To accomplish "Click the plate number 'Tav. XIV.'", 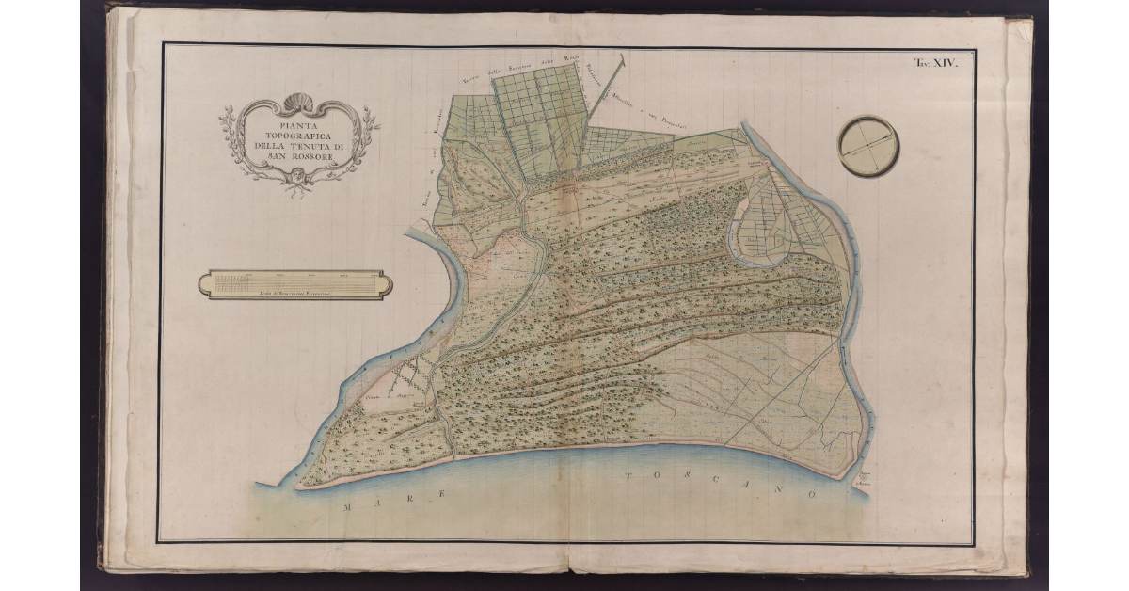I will click(934, 63).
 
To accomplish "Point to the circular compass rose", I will click(867, 146).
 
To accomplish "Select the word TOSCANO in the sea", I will click(715, 485).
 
